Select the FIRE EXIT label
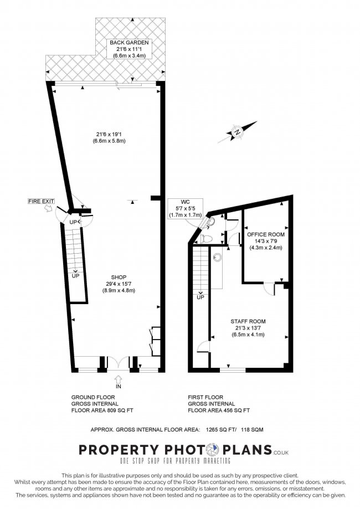[x=41, y=201]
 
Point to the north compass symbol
[x=237, y=132]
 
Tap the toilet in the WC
[x=206, y=239]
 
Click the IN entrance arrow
[x=119, y=379]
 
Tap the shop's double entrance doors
[x=119, y=363]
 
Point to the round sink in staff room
[x=217, y=258]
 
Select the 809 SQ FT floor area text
[x=120, y=410]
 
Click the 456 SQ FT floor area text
[x=237, y=410]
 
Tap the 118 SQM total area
[x=252, y=429]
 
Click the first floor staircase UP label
[x=200, y=297]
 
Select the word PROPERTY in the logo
[x=119, y=450]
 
